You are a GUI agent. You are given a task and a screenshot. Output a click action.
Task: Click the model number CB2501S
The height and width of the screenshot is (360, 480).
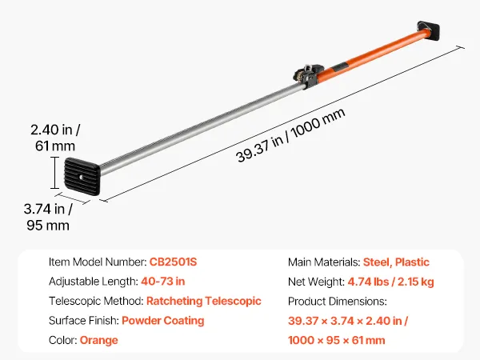(173, 262)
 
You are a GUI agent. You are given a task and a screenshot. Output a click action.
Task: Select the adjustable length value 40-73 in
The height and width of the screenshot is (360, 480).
(163, 282)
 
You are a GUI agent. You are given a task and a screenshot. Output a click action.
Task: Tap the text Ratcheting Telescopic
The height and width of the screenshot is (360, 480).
(204, 302)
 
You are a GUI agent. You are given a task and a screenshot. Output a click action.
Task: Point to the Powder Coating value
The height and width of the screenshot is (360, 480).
(163, 321)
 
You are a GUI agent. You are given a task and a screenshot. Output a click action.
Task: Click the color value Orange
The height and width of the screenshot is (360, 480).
(99, 340)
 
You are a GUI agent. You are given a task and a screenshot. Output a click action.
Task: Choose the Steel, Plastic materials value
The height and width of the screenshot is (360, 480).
(396, 262)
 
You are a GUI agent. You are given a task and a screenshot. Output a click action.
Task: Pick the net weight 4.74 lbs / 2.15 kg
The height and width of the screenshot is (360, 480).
(390, 282)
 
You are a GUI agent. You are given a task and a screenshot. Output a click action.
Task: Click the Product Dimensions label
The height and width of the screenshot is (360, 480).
(338, 302)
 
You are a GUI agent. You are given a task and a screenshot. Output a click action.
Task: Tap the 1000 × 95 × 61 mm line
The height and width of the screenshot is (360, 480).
(337, 340)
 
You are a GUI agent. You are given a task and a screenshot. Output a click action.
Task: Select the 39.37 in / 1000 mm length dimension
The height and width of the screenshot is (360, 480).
(290, 135)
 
